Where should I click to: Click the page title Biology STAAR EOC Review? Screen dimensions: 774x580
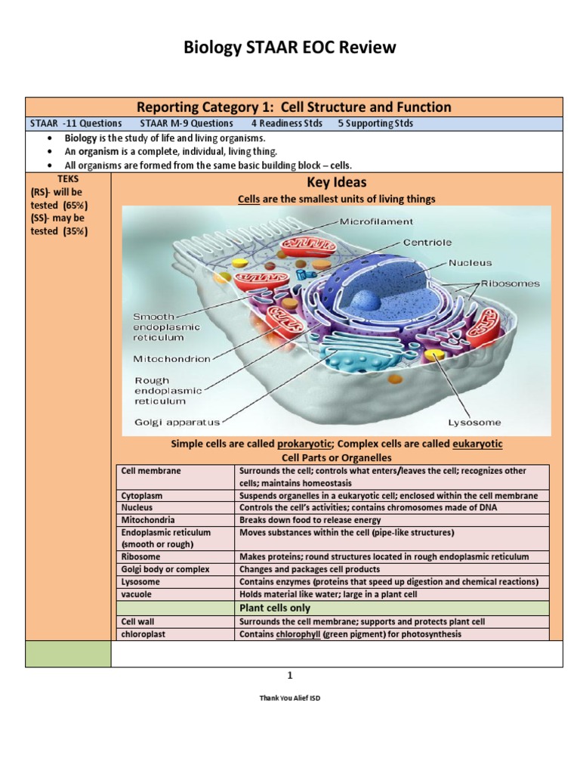pyautogui.click(x=290, y=48)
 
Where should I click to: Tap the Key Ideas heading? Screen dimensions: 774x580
pyautogui.click(x=336, y=182)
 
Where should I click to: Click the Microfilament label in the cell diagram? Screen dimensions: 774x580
pyautogui.click(x=376, y=221)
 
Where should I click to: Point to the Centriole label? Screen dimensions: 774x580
pyautogui.click(x=427, y=243)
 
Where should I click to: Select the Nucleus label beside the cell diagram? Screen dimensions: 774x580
pyautogui.click(x=470, y=263)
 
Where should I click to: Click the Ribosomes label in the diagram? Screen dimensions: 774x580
pyautogui.click(x=511, y=284)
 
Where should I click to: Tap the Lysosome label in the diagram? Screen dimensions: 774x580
pyautogui.click(x=474, y=423)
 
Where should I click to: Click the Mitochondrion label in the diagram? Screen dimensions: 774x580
pyautogui.click(x=171, y=359)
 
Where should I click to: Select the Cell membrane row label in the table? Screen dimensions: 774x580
pyautogui.click(x=151, y=471)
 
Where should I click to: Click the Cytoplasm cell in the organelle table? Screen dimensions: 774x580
pyautogui.click(x=140, y=496)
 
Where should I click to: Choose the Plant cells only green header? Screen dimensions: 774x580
pyautogui.click(x=275, y=608)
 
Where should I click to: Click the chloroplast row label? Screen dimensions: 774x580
pyautogui.click(x=143, y=634)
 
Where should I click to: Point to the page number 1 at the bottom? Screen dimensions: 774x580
pyautogui.click(x=290, y=675)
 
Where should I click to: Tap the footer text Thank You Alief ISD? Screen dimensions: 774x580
pyautogui.click(x=290, y=698)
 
